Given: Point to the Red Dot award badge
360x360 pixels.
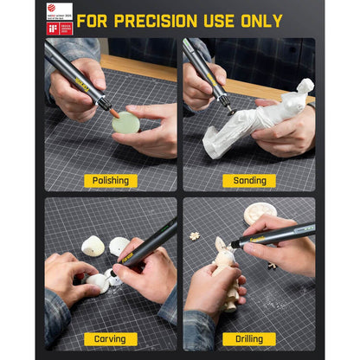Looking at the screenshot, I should click(x=59, y=10).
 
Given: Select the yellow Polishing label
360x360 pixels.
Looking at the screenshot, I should click(x=111, y=180).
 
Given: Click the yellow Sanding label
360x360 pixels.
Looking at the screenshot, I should click(x=249, y=180).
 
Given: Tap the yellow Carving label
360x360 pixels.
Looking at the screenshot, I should click(x=111, y=339).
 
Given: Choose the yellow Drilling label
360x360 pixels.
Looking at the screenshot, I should click(x=249, y=339).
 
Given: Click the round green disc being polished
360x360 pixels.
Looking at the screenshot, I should click(x=125, y=123).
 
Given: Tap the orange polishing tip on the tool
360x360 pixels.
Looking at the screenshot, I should click(x=112, y=112).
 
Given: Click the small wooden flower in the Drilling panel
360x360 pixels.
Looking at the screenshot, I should click(x=195, y=235).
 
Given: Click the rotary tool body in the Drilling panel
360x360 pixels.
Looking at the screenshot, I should click(x=277, y=232).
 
